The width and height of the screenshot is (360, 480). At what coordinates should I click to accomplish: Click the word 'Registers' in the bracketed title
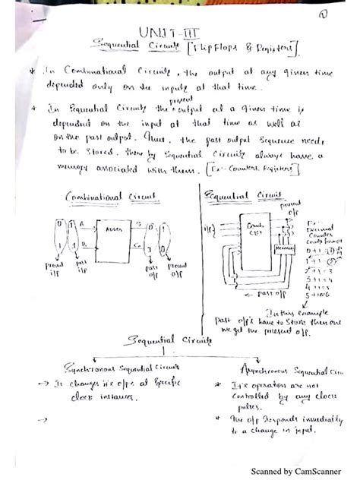275,50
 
